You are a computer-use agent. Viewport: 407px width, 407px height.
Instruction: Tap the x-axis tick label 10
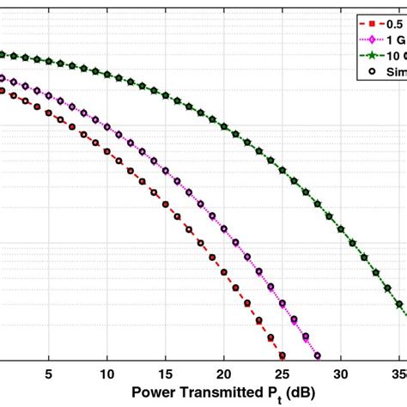[107, 374]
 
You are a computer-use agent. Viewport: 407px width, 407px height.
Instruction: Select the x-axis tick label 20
[224, 374]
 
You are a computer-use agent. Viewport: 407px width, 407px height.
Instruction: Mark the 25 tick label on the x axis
[282, 374]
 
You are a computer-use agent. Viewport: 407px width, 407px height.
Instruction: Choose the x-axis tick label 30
[341, 374]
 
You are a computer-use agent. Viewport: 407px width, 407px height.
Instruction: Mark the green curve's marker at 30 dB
[341, 229]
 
